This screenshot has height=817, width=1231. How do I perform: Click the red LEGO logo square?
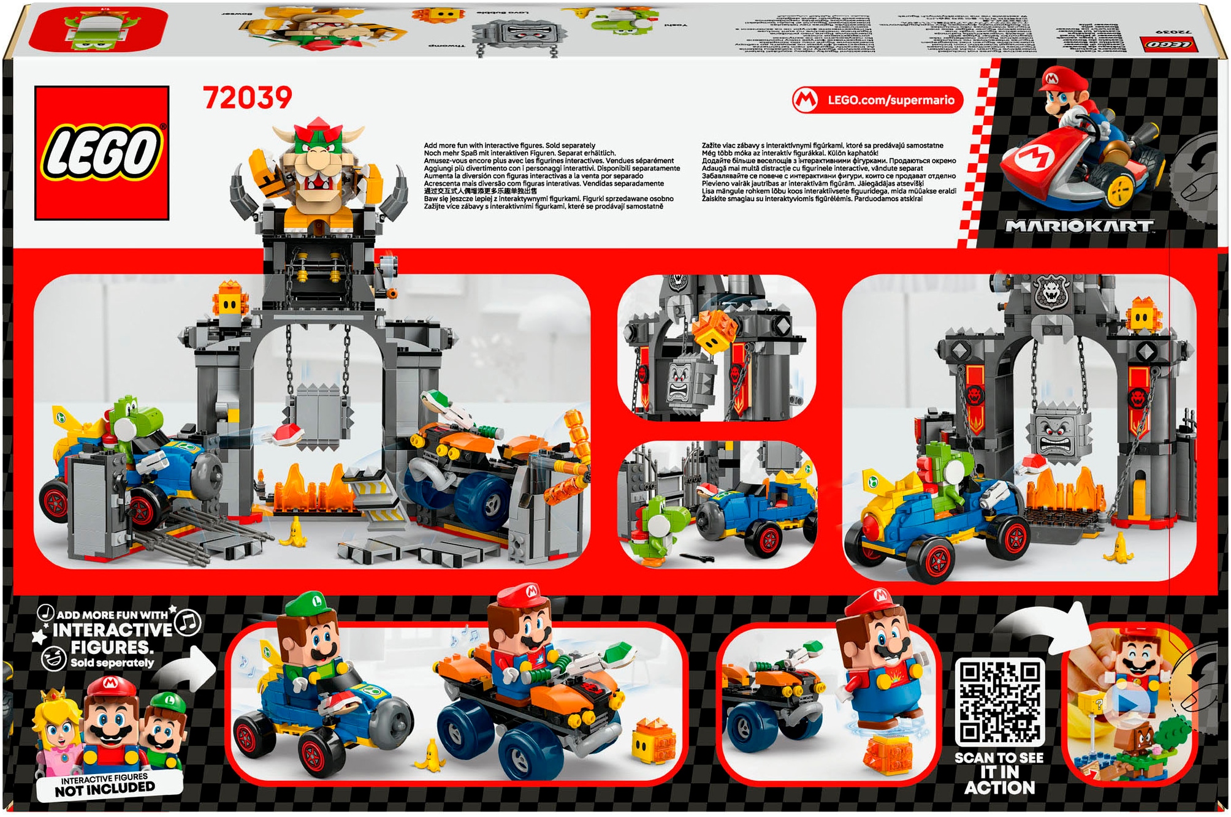[x=102, y=153]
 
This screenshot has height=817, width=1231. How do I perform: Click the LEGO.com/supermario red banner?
[x=878, y=100]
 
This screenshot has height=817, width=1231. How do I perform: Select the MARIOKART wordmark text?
[x=1078, y=226]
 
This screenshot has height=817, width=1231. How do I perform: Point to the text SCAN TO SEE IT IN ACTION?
[x=999, y=772]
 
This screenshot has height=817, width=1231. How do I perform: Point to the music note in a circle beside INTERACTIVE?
[x=188, y=623]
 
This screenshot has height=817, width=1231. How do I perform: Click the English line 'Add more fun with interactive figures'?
[x=509, y=146]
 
